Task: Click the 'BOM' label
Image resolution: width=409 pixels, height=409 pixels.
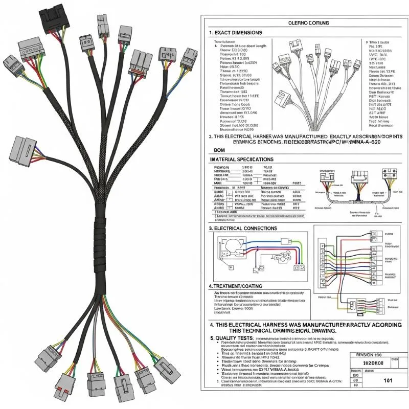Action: click(219, 150)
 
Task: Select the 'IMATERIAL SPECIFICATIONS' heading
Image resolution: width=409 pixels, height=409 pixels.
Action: click(242, 160)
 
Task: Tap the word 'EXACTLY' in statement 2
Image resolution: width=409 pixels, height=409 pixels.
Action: click(331, 138)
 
